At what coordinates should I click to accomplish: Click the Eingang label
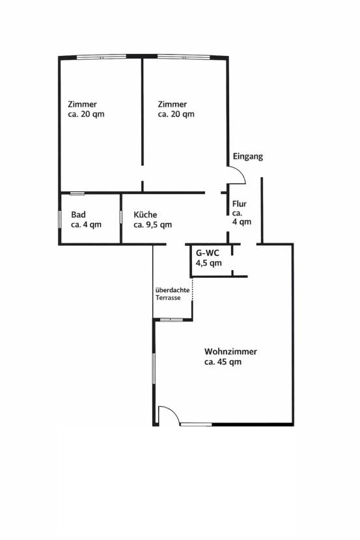pyautogui.click(x=248, y=157)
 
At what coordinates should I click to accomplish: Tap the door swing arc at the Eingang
pyautogui.click(x=238, y=174)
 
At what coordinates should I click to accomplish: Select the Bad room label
pyautogui.click(x=79, y=215)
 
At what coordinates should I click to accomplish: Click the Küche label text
pyautogui.click(x=145, y=215)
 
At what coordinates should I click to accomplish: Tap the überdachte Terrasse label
pyautogui.click(x=172, y=293)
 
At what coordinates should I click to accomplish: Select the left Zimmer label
pyautogui.click(x=83, y=104)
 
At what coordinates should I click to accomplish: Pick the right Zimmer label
pyautogui.click(x=173, y=104)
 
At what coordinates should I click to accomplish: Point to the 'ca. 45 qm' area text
pyautogui.click(x=223, y=362)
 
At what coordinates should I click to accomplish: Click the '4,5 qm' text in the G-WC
pyautogui.click(x=209, y=263)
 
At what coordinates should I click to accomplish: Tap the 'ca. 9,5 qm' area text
pyautogui.click(x=153, y=225)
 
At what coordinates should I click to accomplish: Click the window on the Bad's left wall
pyautogui.click(x=60, y=219)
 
